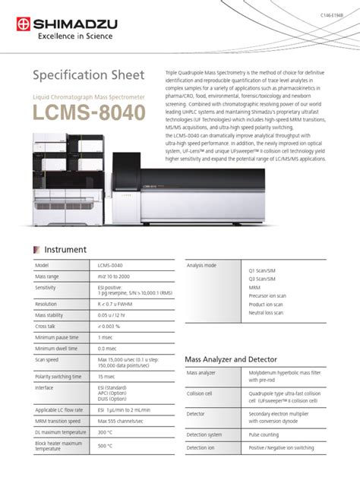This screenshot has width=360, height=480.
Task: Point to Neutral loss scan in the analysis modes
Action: pos(267,313)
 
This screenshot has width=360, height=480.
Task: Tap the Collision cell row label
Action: pos(201,394)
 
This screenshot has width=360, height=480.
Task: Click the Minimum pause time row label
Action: pos(58,336)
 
